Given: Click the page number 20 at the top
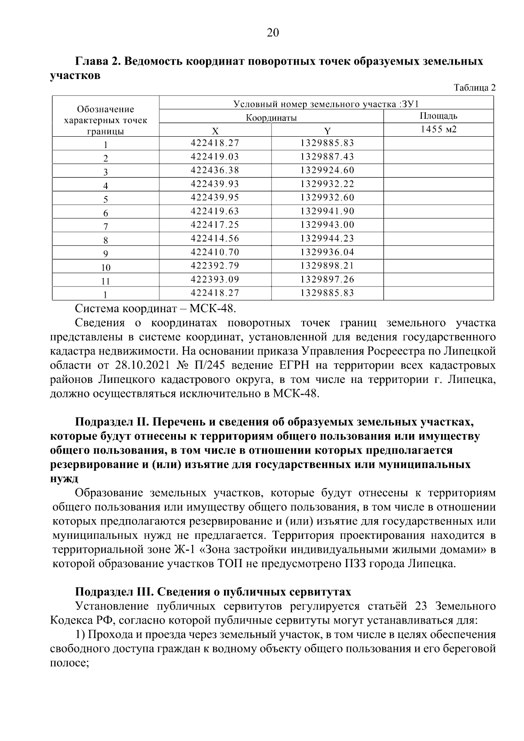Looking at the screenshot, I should tap(272, 33).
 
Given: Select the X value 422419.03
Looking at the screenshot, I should tap(215, 156).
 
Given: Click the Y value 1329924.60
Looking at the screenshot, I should tap(327, 170).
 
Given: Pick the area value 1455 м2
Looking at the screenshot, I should tap(438, 130).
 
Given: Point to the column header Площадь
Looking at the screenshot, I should tap(438, 116).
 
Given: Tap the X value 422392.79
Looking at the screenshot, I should tap(215, 265).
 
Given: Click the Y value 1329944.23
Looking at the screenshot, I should tap(327, 238).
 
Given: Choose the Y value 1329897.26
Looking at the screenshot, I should tap(327, 279).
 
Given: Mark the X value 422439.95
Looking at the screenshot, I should tap(215, 197).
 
